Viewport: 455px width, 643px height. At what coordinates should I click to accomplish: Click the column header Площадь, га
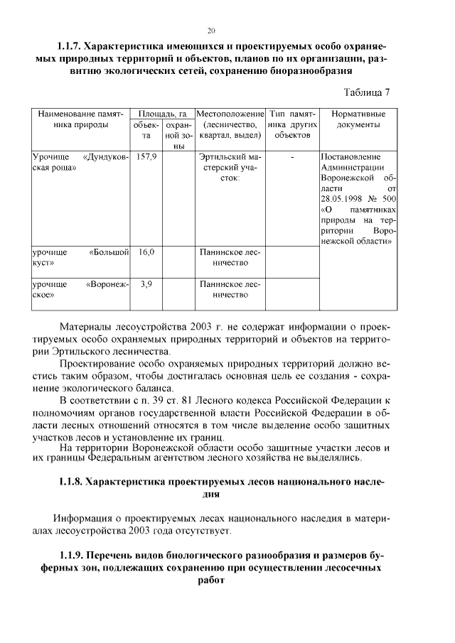(162, 114)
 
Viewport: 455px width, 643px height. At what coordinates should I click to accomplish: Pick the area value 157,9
(146, 157)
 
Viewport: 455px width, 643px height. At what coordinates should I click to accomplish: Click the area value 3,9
(146, 284)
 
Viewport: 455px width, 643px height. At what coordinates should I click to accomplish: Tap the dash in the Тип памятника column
(291, 157)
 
